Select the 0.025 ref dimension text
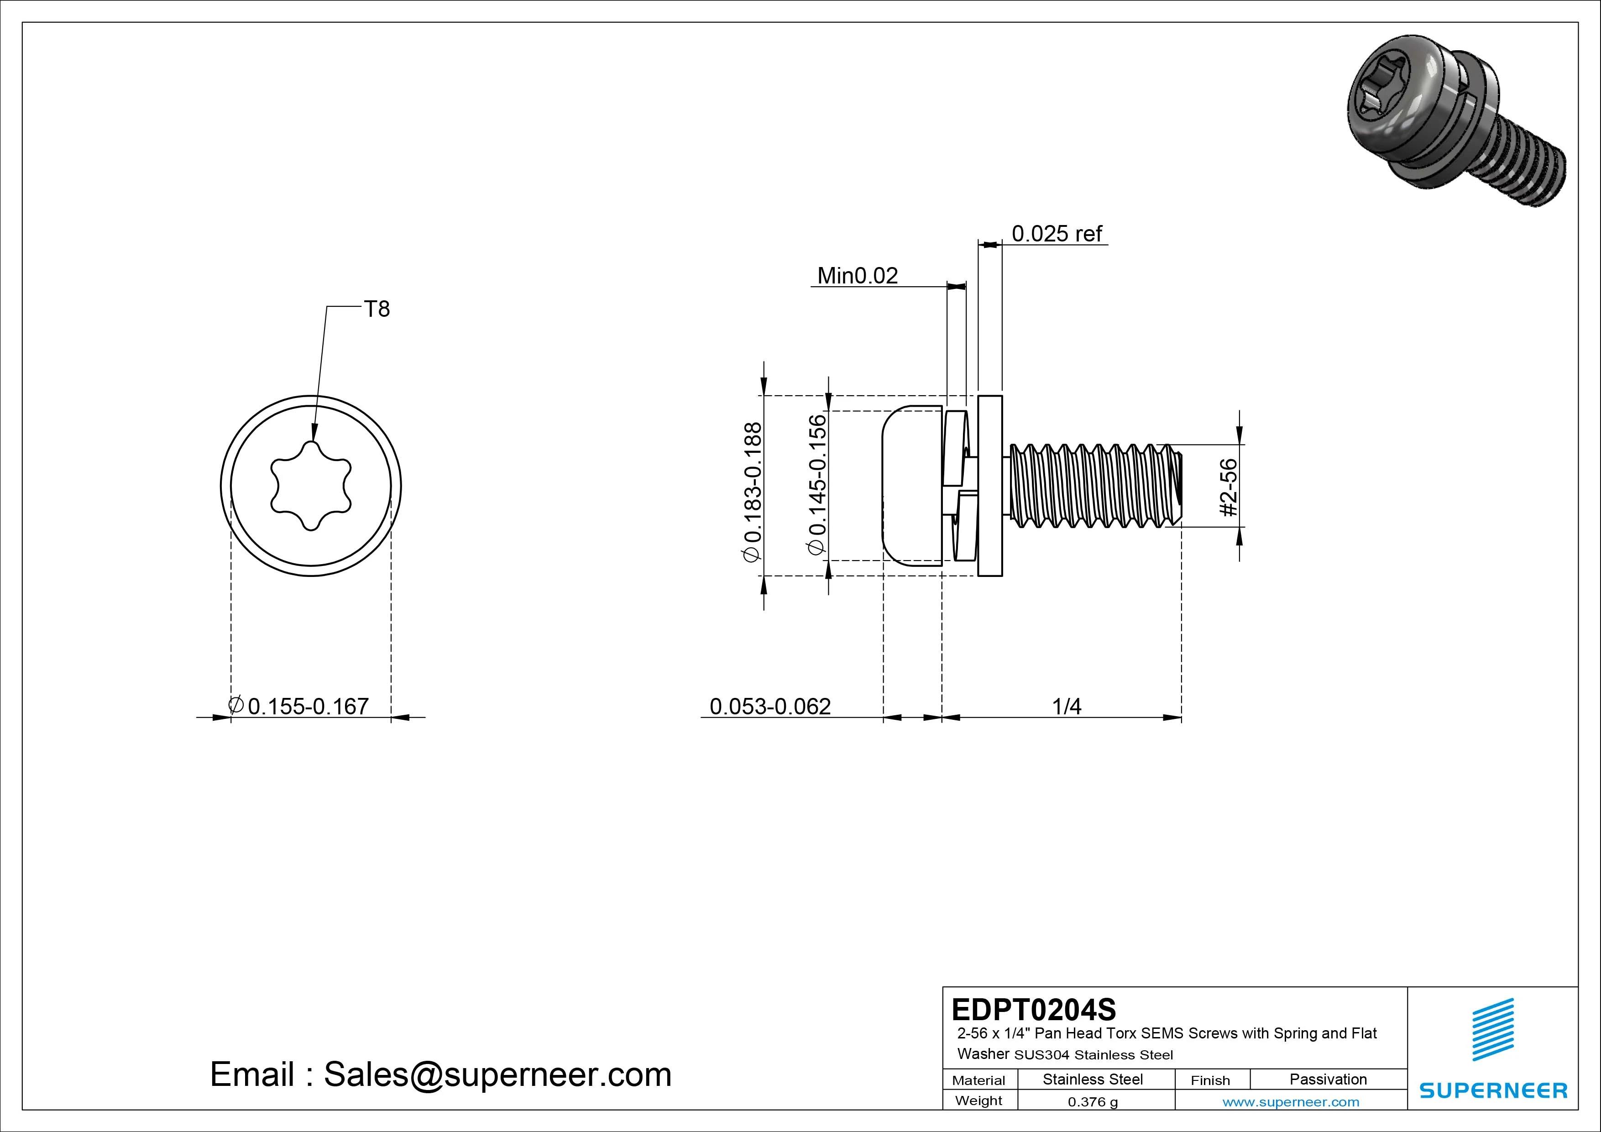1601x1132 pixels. pos(1057,234)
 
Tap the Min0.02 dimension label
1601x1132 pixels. pos(857,276)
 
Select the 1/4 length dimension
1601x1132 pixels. pos(1066,707)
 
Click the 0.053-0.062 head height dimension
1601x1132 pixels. pos(770,707)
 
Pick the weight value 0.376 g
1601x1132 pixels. pos(1093,1102)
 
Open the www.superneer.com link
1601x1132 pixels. pos(1291,1102)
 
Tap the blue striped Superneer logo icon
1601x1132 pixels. pos(1492,1038)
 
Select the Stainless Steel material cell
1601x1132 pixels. pos(1093,1079)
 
